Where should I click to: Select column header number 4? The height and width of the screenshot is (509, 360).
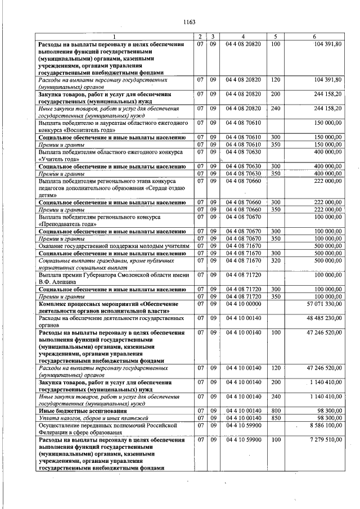tap(242, 37)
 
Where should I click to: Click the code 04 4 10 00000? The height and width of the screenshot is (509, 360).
tap(242, 304)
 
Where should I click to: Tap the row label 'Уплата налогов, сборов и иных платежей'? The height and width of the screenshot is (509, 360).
tap(93, 418)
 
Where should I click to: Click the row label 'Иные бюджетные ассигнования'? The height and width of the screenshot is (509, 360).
tap(78, 411)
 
